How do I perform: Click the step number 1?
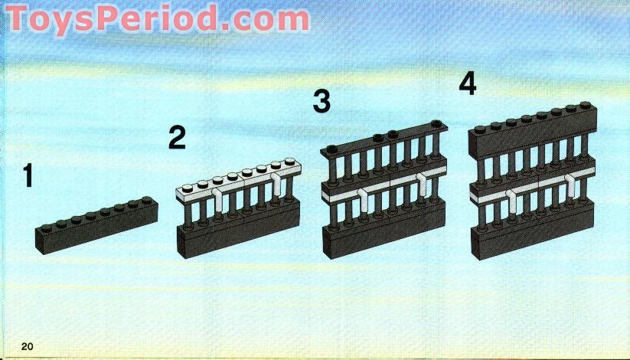28,176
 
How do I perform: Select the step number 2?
177,139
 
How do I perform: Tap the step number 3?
322,101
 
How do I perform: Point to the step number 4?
467,83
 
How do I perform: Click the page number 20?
28,347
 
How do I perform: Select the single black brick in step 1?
96,226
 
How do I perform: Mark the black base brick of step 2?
237,234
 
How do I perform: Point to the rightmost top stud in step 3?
436,124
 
